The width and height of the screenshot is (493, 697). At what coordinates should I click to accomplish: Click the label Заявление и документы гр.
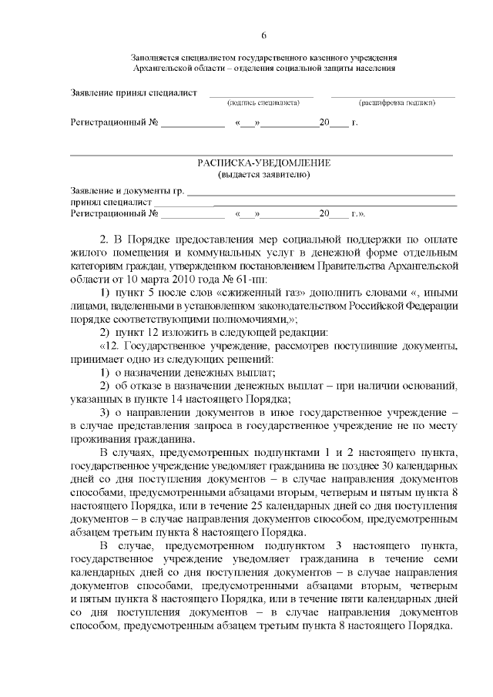[x=127, y=190]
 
